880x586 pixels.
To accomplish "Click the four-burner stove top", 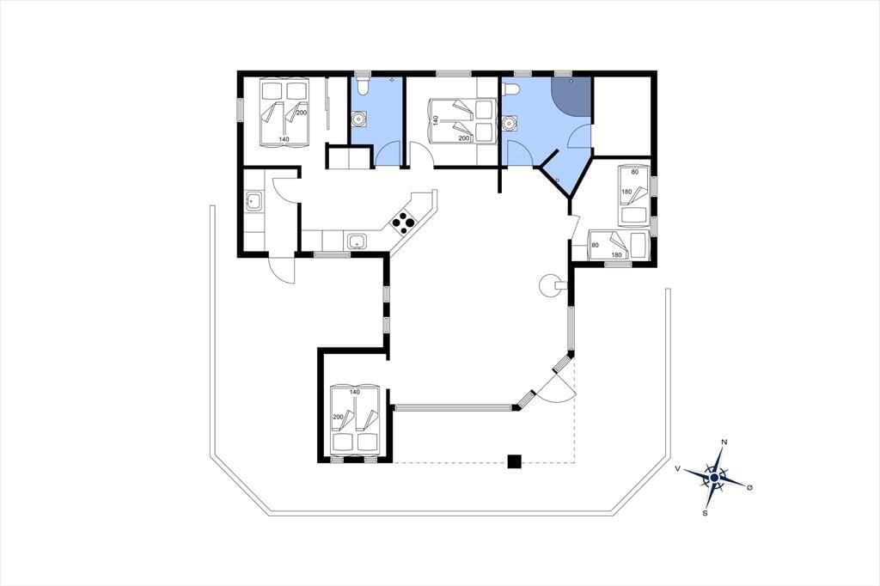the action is (404, 223).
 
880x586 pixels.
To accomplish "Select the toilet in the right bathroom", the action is (510, 89).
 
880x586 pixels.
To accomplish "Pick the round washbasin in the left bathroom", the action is (358, 119).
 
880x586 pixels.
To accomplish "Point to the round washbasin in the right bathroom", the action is (510, 123).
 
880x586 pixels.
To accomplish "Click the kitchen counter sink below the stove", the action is (357, 242).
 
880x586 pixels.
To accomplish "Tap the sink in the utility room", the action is (254, 200).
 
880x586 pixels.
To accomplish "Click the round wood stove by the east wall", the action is (548, 285).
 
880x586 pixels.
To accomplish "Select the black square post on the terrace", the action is (515, 461).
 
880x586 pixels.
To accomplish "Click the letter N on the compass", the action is (724, 443).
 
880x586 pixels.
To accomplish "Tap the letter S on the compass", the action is (705, 512).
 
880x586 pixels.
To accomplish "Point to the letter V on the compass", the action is (678, 468).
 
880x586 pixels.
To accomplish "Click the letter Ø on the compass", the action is (749, 487).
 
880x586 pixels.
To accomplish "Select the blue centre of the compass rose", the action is (714, 478).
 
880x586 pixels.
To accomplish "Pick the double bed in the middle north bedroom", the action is (462, 120).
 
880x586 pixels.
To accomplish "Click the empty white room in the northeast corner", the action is (622, 116).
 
